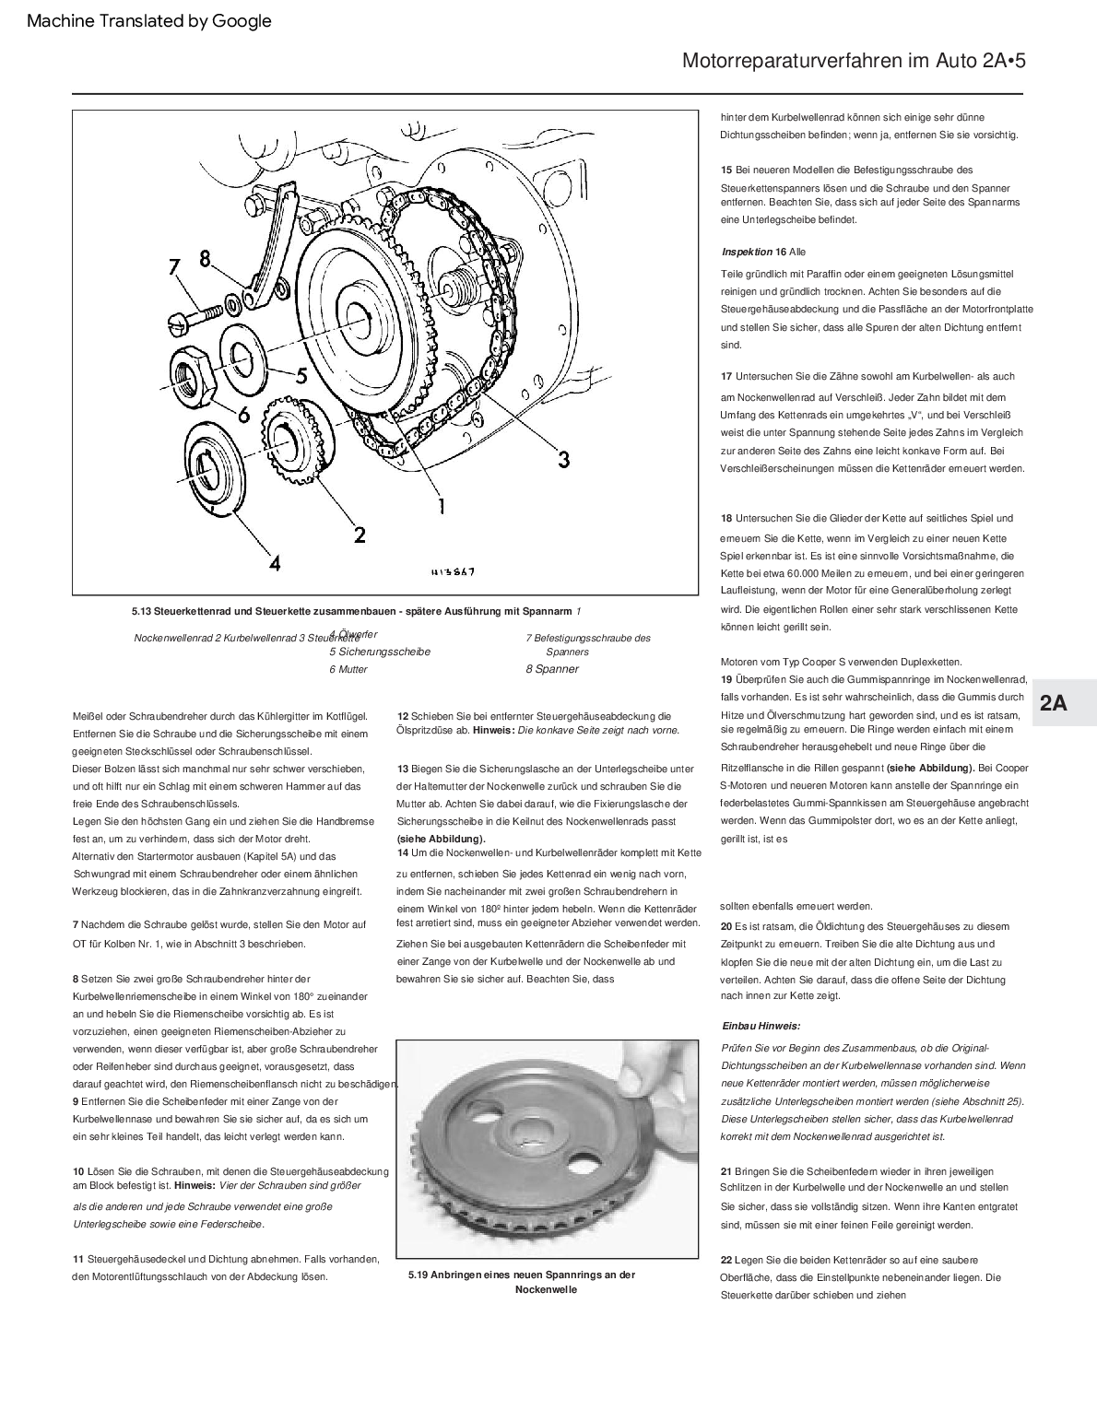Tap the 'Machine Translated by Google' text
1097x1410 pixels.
[x=149, y=21]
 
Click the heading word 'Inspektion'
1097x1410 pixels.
[x=747, y=252]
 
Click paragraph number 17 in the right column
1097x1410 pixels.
[x=726, y=376]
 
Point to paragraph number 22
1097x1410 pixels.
[x=726, y=1260]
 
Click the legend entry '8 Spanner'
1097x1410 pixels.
[x=552, y=669]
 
